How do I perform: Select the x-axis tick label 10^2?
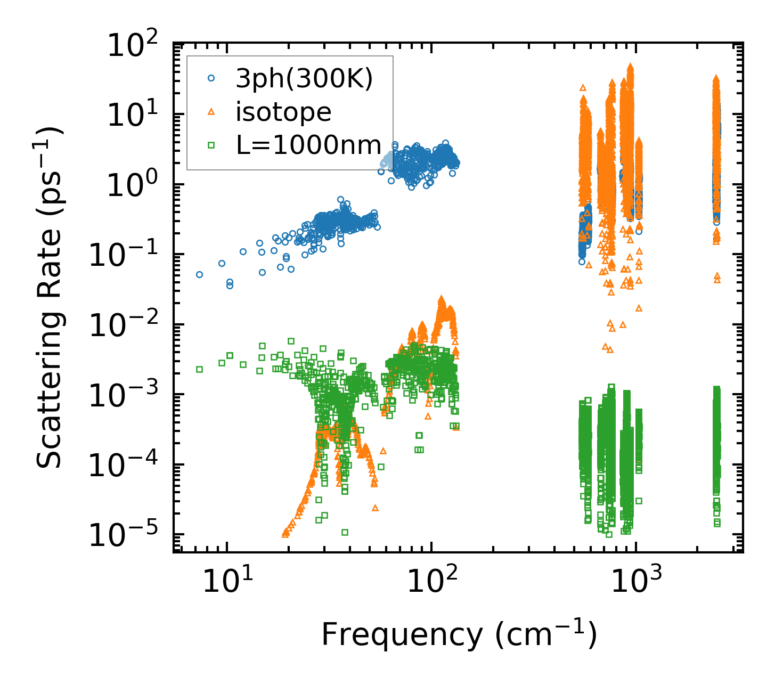431,582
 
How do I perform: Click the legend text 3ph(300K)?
305,80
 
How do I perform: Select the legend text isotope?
284,112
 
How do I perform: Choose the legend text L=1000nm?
309,145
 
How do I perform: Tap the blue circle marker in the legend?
211,78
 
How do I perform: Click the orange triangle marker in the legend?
211,111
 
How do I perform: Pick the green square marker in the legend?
211,144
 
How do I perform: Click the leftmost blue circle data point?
199,274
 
